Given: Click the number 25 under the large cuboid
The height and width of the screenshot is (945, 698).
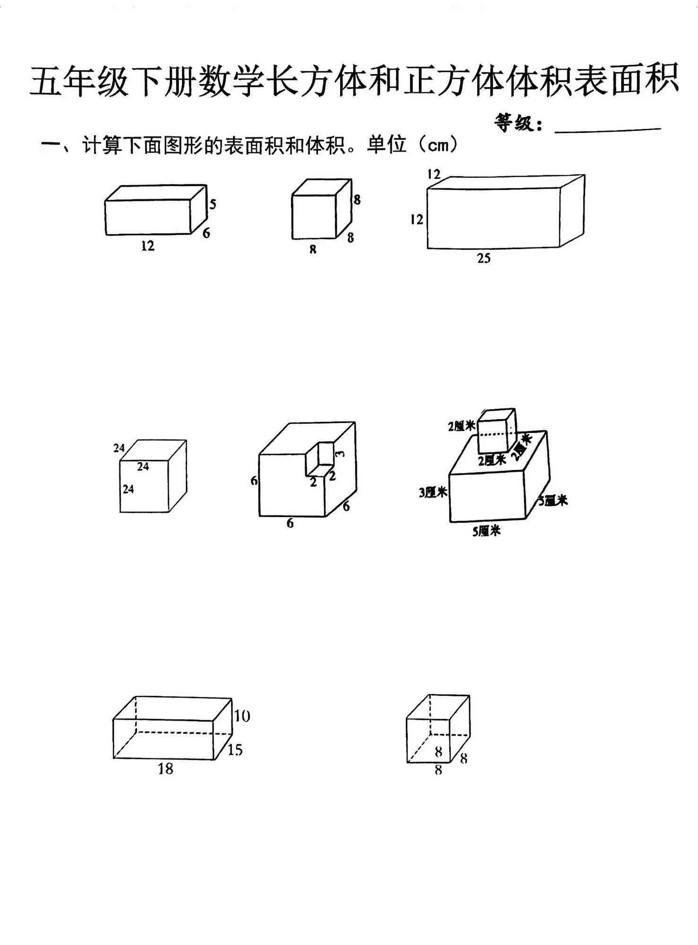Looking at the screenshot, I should pos(483,258).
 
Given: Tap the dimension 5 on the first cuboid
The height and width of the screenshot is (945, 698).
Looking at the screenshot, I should pos(213,204).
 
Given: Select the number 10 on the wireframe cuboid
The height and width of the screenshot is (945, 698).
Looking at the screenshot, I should pos(241,716).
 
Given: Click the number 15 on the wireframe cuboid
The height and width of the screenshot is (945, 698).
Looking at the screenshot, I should pos(235,750).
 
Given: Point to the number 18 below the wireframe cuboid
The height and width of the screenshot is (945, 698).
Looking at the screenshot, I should pos(165,769).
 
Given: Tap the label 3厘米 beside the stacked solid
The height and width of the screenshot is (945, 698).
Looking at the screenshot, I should pos(433,493).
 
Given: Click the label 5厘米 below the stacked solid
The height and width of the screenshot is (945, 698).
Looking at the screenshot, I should pos(486,532).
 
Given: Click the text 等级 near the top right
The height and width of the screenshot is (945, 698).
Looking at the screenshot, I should pos(517,123).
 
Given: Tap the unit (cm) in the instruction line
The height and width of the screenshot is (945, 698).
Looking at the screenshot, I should pos(435,146).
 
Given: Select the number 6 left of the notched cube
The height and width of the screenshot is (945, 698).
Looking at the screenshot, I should pos(254,481).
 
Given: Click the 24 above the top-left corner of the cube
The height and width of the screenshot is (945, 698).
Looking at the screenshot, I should pos(119,447).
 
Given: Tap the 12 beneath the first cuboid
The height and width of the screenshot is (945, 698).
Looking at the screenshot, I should pos(147,246).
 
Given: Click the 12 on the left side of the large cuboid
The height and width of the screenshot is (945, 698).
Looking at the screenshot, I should pos(416,219).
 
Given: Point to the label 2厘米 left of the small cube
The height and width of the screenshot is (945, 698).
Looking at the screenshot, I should pos(461,426).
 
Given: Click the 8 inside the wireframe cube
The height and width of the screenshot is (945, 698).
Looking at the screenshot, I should pos(438,750).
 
